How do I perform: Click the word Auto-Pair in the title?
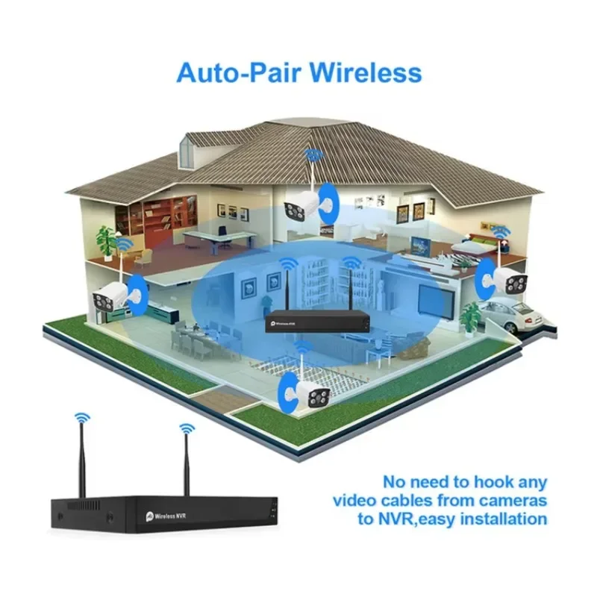tap(236, 73)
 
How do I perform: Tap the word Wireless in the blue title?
tap(366, 73)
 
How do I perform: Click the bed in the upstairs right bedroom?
tap(478, 247)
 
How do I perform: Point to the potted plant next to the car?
tap(469, 318)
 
